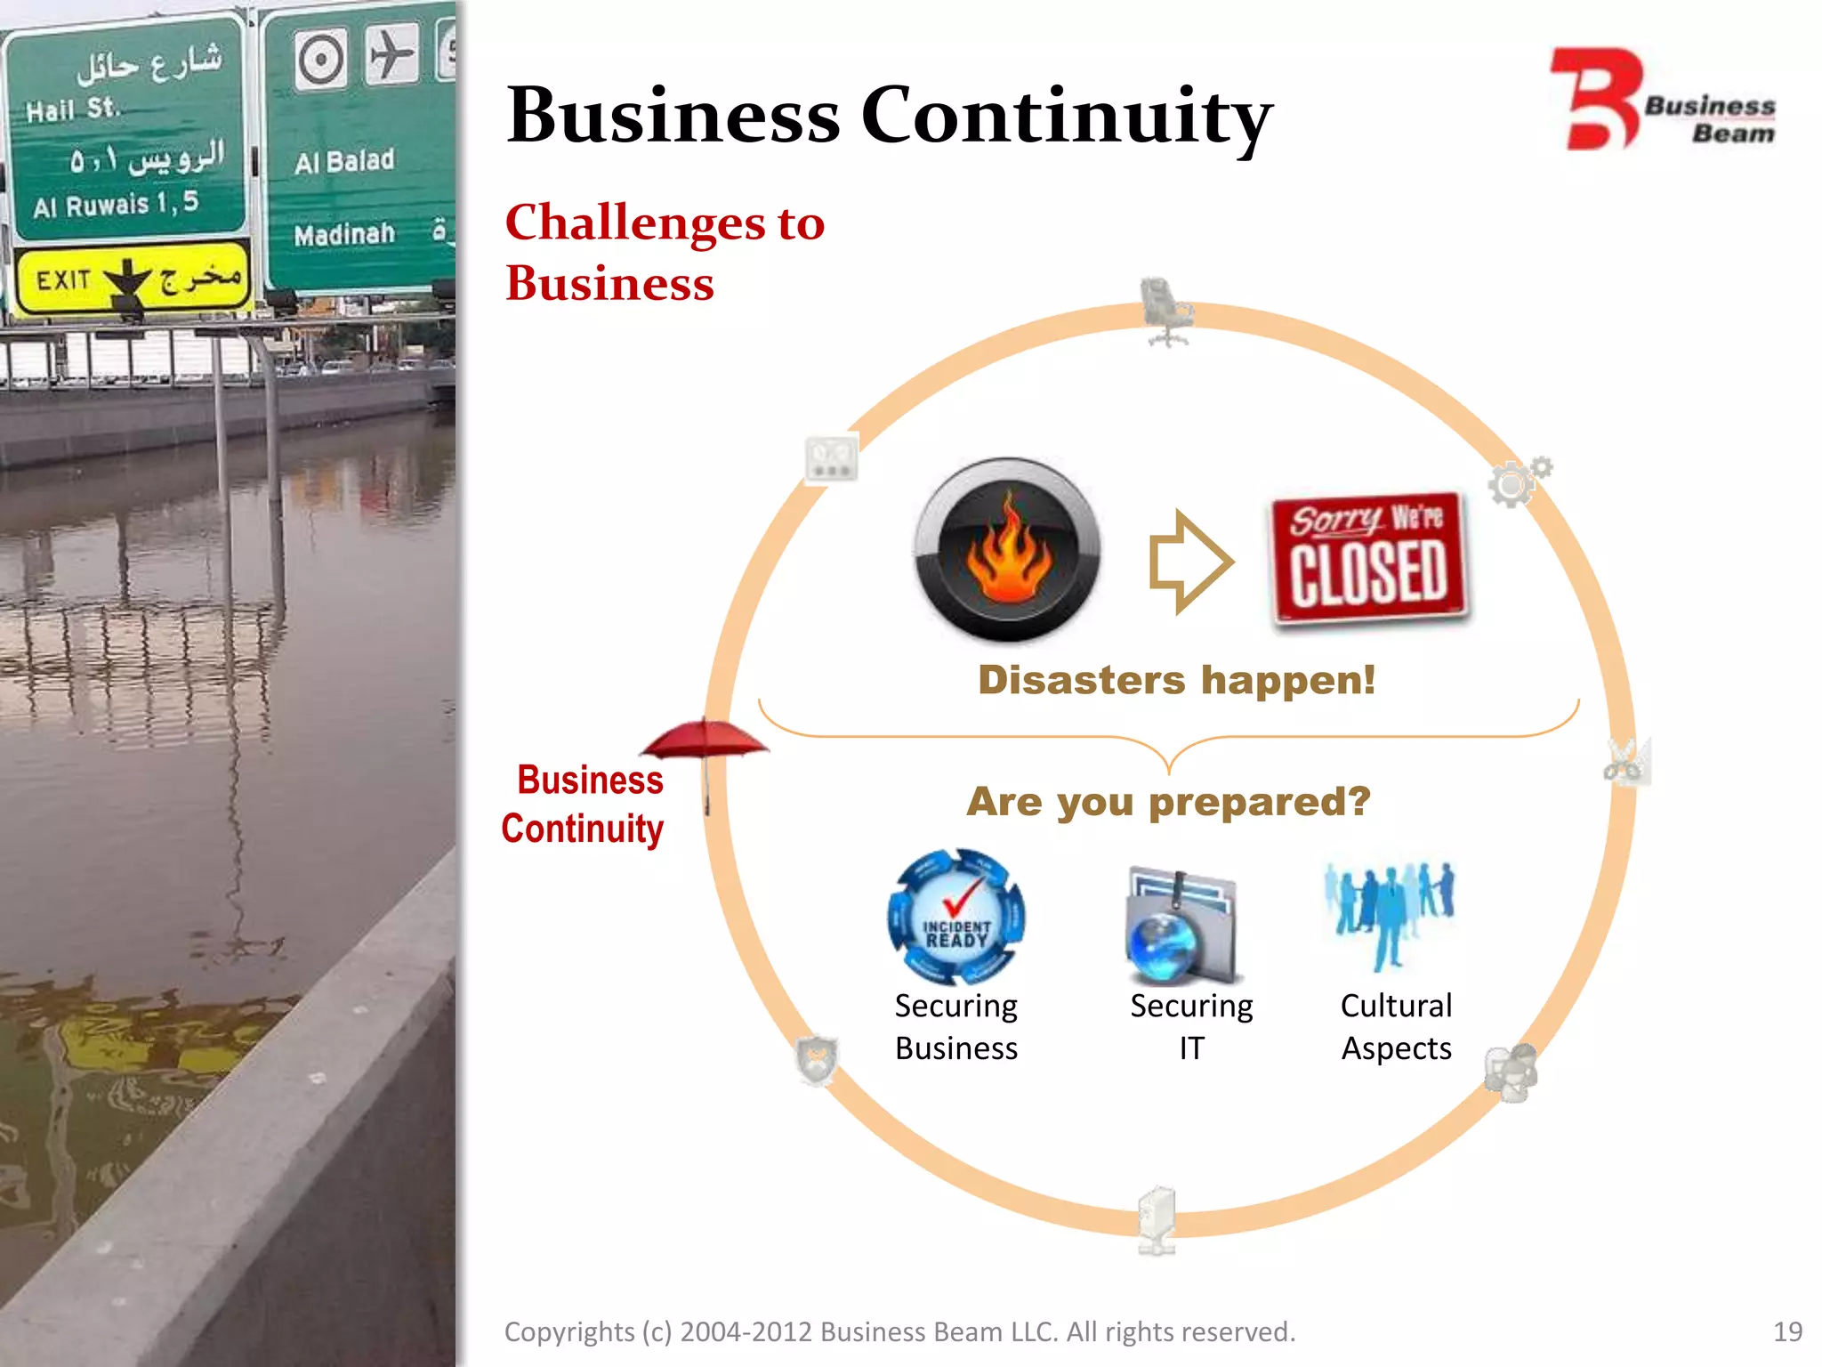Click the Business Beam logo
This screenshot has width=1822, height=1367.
coord(1662,100)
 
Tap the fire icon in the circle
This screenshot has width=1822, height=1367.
coord(1008,549)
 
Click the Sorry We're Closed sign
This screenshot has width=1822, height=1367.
coord(1369,558)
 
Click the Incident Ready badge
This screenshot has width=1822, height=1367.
coord(956,917)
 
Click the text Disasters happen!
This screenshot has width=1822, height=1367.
coord(1176,680)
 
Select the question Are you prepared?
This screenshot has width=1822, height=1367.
coord(1168,801)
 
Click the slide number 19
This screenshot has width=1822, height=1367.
coord(1787,1331)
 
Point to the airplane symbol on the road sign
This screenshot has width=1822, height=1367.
coord(391,55)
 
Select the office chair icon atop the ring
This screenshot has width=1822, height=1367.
coord(1165,311)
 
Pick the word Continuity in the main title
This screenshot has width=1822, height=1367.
coord(1067,116)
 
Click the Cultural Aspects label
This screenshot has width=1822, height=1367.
coord(1396,1026)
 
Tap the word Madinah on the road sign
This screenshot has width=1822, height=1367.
coord(344,235)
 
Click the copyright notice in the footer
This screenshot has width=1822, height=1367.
coord(899,1331)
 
